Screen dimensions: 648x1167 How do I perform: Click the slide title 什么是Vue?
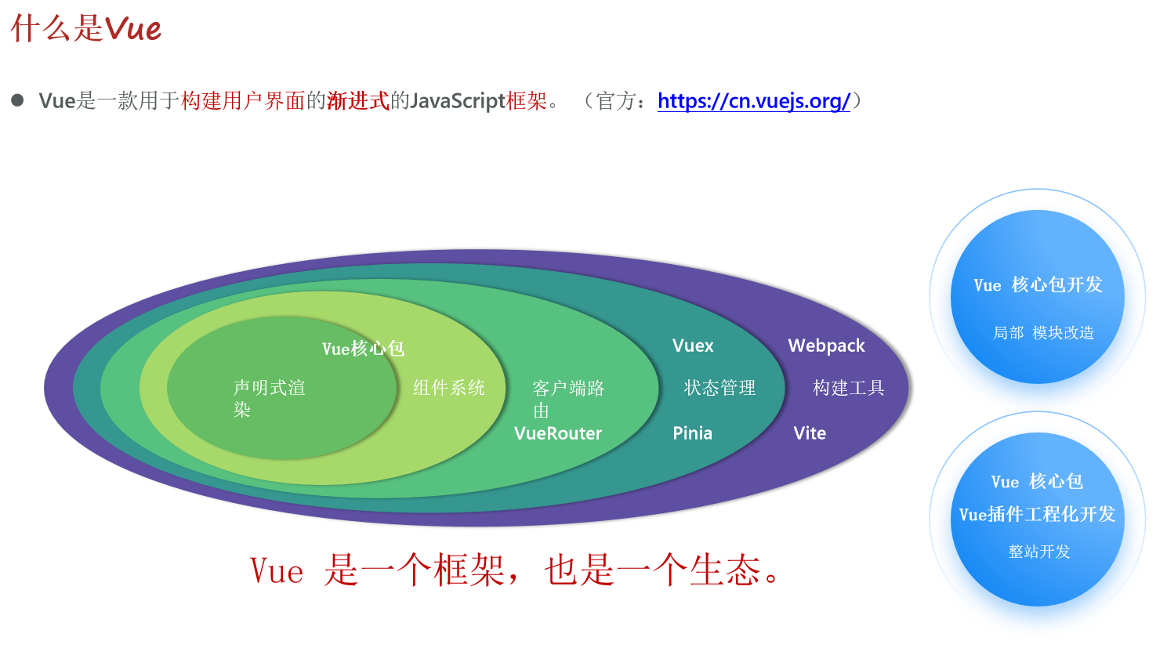click(x=85, y=29)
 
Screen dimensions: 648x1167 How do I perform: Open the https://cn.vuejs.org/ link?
click(x=754, y=101)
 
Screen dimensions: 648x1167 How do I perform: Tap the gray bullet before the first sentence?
click(x=17, y=100)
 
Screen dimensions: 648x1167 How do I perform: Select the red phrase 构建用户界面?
click(x=243, y=101)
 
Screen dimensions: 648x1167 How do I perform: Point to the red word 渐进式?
click(x=358, y=101)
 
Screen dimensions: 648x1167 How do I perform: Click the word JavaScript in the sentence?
click(x=457, y=101)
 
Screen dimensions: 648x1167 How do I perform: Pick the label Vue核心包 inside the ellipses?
click(x=363, y=349)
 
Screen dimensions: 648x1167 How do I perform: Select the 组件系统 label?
click(x=449, y=388)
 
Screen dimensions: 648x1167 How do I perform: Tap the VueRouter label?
click(x=558, y=433)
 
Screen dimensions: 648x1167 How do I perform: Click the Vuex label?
click(x=693, y=346)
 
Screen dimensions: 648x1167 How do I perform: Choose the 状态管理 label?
click(x=719, y=388)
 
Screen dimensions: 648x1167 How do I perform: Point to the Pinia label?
click(x=692, y=433)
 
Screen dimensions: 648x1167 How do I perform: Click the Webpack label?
click(x=826, y=346)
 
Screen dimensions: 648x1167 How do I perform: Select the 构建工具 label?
click(x=849, y=388)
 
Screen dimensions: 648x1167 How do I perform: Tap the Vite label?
click(x=810, y=433)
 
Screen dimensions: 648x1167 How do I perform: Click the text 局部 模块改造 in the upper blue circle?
click(x=1043, y=333)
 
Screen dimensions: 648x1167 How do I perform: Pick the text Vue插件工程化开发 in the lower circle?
click(x=1037, y=515)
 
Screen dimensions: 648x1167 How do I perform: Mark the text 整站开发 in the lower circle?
click(x=1039, y=552)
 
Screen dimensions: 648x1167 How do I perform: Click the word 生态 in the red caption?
click(x=725, y=570)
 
